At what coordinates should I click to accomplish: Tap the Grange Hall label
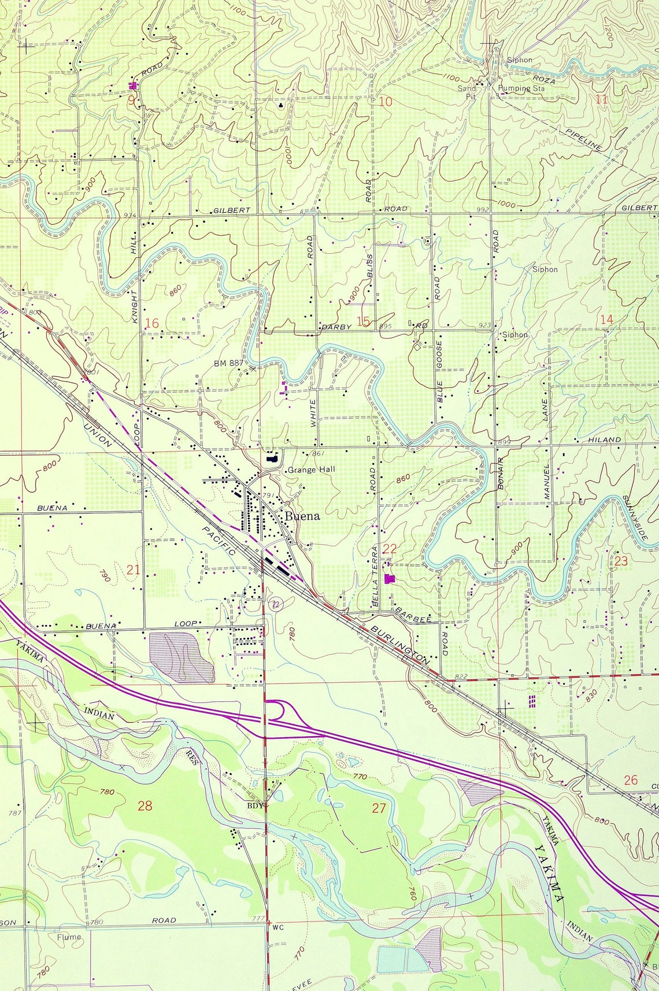coord(310,470)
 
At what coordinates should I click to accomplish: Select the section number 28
coord(145,805)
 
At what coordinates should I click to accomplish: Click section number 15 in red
coord(363,321)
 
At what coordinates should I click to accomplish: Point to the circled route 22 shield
coord(276,604)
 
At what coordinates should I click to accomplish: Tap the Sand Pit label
coord(467,93)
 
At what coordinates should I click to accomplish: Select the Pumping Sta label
coord(521,88)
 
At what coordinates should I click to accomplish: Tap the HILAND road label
coord(605,440)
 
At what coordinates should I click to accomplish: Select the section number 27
coord(379,808)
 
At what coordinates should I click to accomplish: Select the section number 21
coord(134,570)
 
